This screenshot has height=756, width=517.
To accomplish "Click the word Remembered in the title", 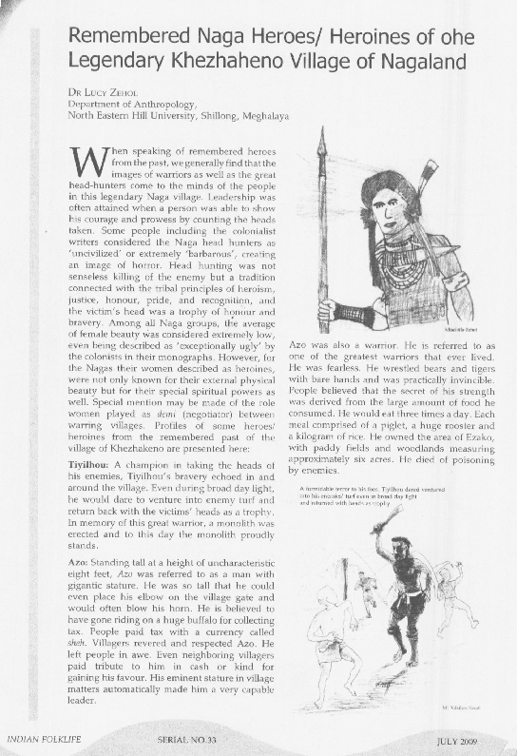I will pos(131,40).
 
